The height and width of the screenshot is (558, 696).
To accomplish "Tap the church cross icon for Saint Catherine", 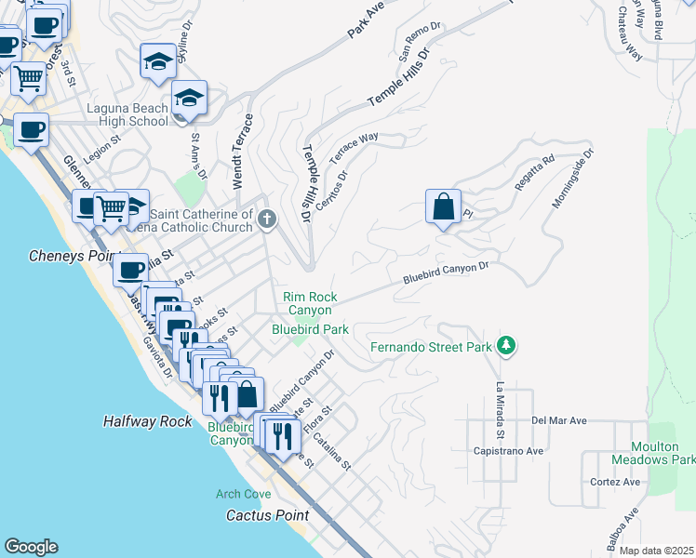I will coord(267,220).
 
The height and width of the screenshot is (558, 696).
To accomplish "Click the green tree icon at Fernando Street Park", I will coord(506,346).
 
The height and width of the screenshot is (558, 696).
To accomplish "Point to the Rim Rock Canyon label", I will coord(310,303).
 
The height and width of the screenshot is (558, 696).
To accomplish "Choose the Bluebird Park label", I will coord(310,329).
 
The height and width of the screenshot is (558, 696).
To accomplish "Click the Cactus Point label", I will coord(268,514).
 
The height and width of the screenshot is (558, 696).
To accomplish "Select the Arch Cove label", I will coord(243,494).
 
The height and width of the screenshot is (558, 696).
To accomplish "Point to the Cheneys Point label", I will coord(74,255).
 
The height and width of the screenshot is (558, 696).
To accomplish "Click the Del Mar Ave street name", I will coord(559,420).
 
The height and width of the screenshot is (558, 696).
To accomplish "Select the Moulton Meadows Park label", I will coord(652,453).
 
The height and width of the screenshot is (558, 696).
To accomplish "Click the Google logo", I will coord(31,547).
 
